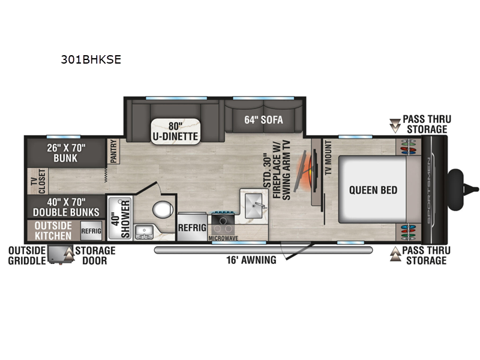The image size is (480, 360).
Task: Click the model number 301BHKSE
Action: click(x=91, y=59)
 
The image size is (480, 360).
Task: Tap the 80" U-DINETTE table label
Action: click(x=175, y=131)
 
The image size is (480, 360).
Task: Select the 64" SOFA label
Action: click(x=263, y=119)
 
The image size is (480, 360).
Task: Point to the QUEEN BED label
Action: click(x=373, y=190)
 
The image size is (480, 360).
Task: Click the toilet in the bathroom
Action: click(x=163, y=209)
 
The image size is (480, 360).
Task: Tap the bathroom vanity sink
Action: click(x=144, y=232)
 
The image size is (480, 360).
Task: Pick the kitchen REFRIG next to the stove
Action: click(x=192, y=227)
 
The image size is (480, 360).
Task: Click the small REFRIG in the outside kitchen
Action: click(x=91, y=230)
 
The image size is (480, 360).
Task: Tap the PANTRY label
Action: click(x=113, y=151)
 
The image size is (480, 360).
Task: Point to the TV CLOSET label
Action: click(x=38, y=181)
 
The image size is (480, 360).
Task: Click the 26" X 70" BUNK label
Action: click(x=66, y=153)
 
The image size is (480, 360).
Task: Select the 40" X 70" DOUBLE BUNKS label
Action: click(x=66, y=207)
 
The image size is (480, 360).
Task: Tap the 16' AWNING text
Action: click(x=251, y=260)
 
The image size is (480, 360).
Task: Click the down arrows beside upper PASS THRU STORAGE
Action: click(x=395, y=125)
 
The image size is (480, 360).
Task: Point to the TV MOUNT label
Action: click(x=328, y=158)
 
